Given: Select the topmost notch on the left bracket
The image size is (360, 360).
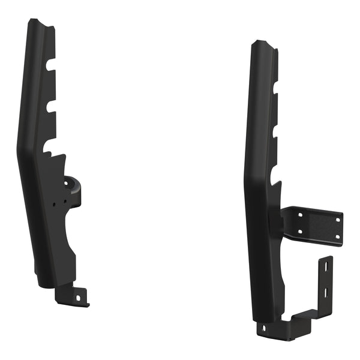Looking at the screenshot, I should [x=51, y=62].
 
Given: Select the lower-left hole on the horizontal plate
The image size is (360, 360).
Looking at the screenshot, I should [x=299, y=232].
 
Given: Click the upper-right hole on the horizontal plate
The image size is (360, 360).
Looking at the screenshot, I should [x=338, y=220].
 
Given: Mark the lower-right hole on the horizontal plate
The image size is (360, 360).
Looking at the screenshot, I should [x=337, y=238].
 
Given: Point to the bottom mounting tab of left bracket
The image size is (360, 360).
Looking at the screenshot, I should [x=72, y=295].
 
